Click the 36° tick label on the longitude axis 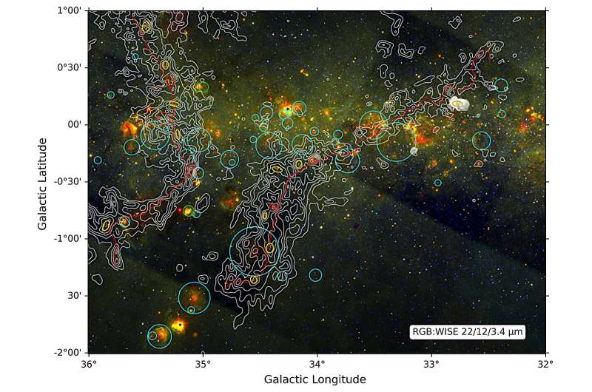pos(88,364)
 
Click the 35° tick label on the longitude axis pos(203,364)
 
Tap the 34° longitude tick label pos(317,364)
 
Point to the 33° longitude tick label pos(431,364)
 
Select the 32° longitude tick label pos(545,364)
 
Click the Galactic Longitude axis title pos(314,379)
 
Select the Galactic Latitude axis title pos(44,182)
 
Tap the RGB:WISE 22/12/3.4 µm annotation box pos(467,333)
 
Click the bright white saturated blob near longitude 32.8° pos(460,104)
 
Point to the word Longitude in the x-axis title pos(339,379)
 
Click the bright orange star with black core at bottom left pos(178,324)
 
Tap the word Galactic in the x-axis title pos(287,379)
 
